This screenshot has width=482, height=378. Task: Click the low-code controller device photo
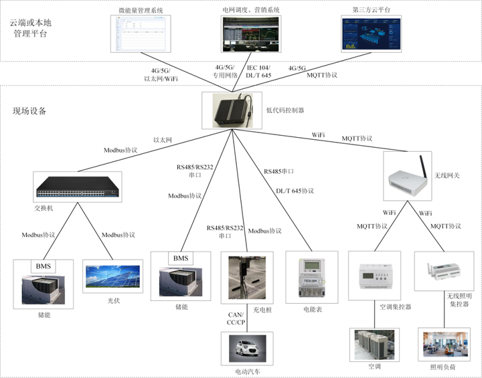pyautogui.click(x=232, y=110)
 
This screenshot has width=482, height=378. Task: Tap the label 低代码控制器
pyautogui.click(x=285, y=110)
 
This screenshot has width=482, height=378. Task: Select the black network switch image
pyautogui.click(x=78, y=187)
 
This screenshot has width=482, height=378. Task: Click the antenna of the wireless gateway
pyautogui.click(x=423, y=167)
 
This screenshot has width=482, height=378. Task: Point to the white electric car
pyautogui.click(x=247, y=348)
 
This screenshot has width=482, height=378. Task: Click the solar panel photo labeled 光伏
pyautogui.click(x=113, y=276)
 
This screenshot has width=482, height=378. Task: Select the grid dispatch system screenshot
pyautogui.click(x=251, y=34)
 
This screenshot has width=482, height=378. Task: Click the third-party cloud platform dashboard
pyautogui.click(x=372, y=34)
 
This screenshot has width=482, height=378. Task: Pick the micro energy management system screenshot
pyautogui.click(x=141, y=33)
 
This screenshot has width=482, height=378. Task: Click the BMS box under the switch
pyautogui.click(x=44, y=266)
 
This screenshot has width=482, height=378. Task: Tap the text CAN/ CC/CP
pyautogui.click(x=236, y=318)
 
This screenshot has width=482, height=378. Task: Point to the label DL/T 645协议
pyautogui.click(x=295, y=191)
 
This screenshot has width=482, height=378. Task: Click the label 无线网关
pyautogui.click(x=447, y=175)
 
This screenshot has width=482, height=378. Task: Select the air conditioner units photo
pyautogui.click(x=374, y=345)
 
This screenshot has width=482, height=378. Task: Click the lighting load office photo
pyautogui.click(x=445, y=344)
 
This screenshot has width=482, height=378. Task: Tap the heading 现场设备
pyautogui.click(x=29, y=111)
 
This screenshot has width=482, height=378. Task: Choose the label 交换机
pyautogui.click(x=44, y=208)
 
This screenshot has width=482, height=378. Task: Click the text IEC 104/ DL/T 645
pyautogui.click(x=258, y=72)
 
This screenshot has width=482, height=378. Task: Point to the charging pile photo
pyautogui.click(x=247, y=278)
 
